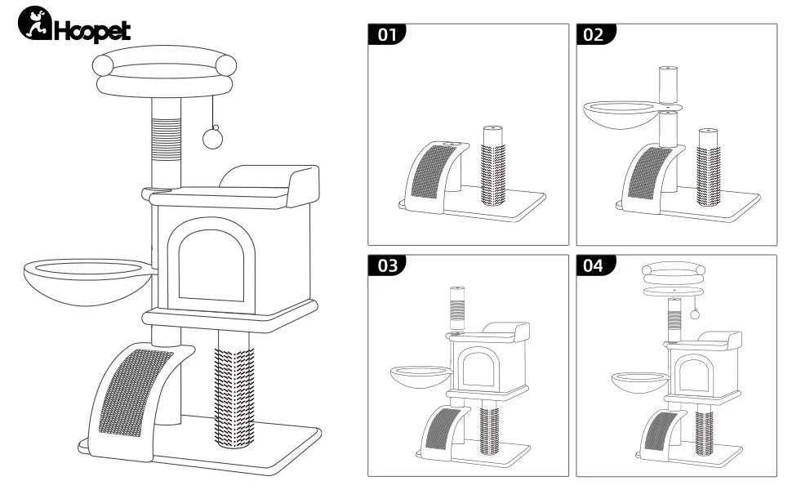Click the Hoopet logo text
[91, 30]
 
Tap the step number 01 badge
[387, 34]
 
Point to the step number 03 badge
[387, 265]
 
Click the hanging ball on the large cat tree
[213, 138]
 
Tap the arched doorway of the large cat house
[211, 266]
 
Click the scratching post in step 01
[492, 167]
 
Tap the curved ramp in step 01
[433, 175]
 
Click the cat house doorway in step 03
[480, 368]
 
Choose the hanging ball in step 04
[695, 314]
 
